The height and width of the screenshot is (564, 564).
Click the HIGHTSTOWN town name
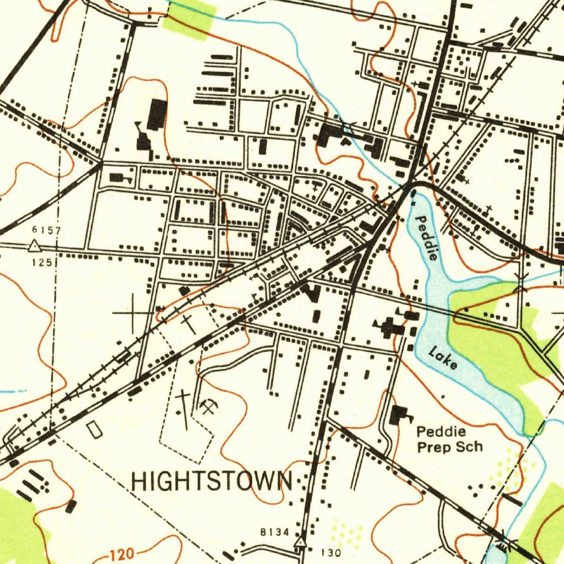pos(211,481)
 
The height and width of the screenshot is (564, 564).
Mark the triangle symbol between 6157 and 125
pos(34,246)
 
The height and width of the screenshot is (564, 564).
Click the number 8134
pos(274,532)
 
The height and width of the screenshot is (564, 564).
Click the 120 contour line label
pos(120,554)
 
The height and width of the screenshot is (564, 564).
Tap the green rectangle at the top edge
pos(189,18)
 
